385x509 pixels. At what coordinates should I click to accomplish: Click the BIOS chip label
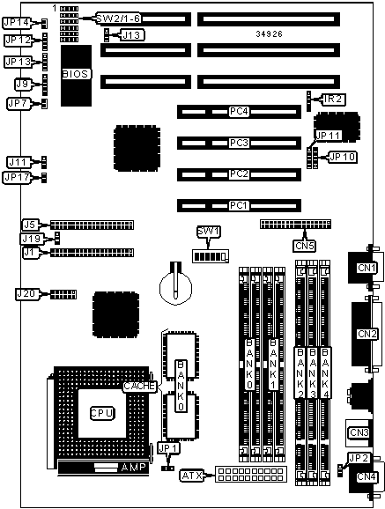tap(75, 74)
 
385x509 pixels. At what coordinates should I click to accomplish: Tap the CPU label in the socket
tap(102, 413)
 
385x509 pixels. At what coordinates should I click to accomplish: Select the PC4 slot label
tap(239, 112)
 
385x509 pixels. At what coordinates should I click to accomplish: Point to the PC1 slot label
tap(239, 205)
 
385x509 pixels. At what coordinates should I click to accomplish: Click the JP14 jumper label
tap(18, 22)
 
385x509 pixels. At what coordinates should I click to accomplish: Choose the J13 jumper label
tap(132, 34)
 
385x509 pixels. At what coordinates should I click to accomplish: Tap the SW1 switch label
tap(209, 232)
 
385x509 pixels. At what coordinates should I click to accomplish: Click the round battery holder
tap(176, 287)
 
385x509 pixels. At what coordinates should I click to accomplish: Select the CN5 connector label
tap(305, 246)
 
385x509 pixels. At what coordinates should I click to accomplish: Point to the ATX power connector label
tap(192, 476)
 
